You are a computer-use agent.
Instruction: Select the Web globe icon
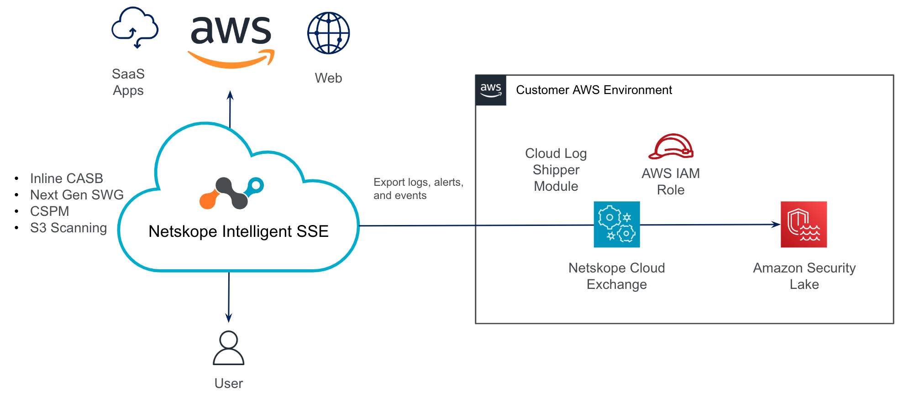pos(328,33)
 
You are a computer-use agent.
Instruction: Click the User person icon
pos(229,348)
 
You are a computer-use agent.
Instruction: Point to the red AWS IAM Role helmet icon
pos(671,147)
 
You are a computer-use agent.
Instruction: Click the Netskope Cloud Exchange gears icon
pos(616,225)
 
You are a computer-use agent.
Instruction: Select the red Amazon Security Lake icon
pos(804,225)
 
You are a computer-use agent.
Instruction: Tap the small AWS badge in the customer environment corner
pos(491,90)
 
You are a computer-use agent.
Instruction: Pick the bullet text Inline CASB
pos(67,178)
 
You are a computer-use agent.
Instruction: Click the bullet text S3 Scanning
pos(68,228)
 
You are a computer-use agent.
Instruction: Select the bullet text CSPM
pos(50,211)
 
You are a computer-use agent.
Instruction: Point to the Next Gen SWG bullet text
pos(77,195)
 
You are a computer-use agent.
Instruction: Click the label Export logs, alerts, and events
pos(418,189)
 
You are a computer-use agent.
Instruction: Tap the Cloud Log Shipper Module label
pos(556,170)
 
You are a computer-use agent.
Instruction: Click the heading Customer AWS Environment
pos(594,90)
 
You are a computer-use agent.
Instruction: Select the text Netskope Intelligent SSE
pos(238,231)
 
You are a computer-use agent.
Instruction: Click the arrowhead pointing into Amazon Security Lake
pos(776,224)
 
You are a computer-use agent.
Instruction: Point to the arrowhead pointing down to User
pos(229,318)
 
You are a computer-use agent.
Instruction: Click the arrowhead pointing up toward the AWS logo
pos(230,95)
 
